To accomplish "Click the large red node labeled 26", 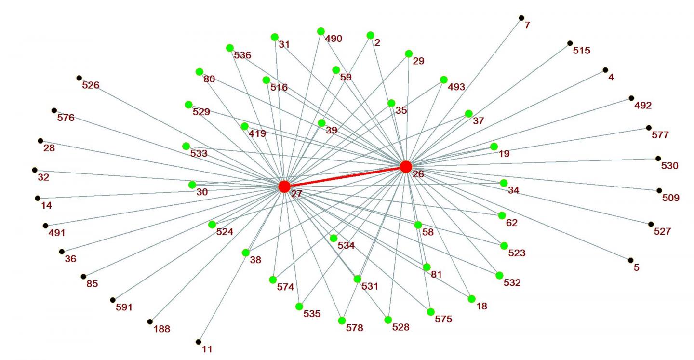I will [406, 167].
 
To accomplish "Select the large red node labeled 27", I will [284, 186].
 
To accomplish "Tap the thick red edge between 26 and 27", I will [345, 176].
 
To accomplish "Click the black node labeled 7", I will [521, 18].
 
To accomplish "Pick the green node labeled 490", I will [321, 31].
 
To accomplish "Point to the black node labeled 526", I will [79, 78].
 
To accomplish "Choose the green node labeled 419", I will [244, 126].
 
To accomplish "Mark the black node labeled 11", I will [198, 342].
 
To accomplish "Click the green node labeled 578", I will [342, 320].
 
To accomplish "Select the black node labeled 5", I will [630, 260].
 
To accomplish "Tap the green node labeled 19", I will [494, 147].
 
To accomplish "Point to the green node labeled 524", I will [212, 225].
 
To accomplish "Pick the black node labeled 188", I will [150, 321].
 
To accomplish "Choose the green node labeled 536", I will [230, 48].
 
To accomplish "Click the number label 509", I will [670, 198].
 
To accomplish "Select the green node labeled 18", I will [471, 299].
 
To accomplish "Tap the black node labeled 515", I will [570, 43].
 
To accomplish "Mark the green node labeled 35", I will [391, 103].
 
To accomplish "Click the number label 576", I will [66, 118].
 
